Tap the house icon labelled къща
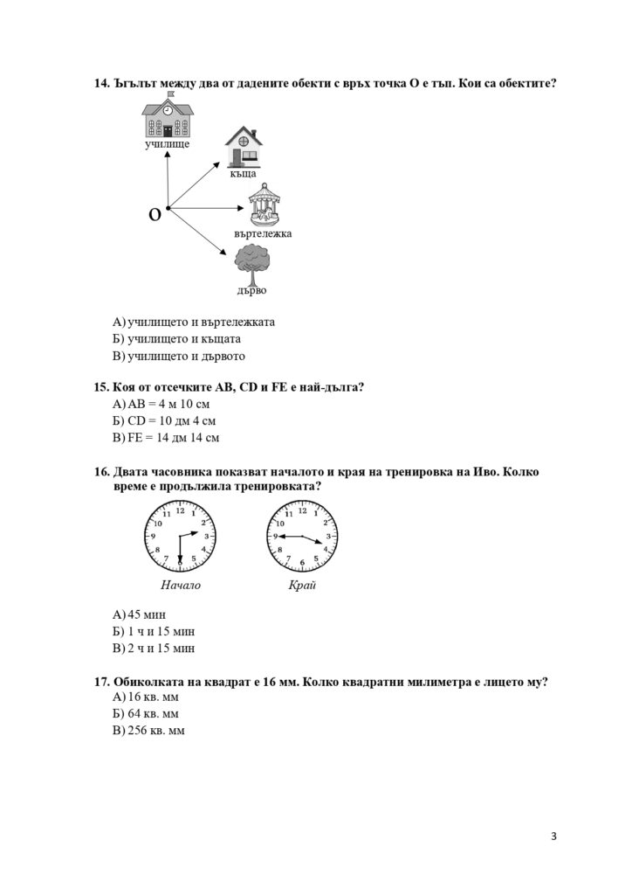pos(243,146)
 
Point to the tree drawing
pos(251,264)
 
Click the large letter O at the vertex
pos(155,214)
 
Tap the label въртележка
pos(263,234)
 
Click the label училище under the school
pos(167,144)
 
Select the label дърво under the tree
pos(251,290)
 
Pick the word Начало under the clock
pos(181,585)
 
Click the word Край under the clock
pos(302,585)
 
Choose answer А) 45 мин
pos(140,614)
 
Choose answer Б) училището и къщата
pos(177,339)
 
